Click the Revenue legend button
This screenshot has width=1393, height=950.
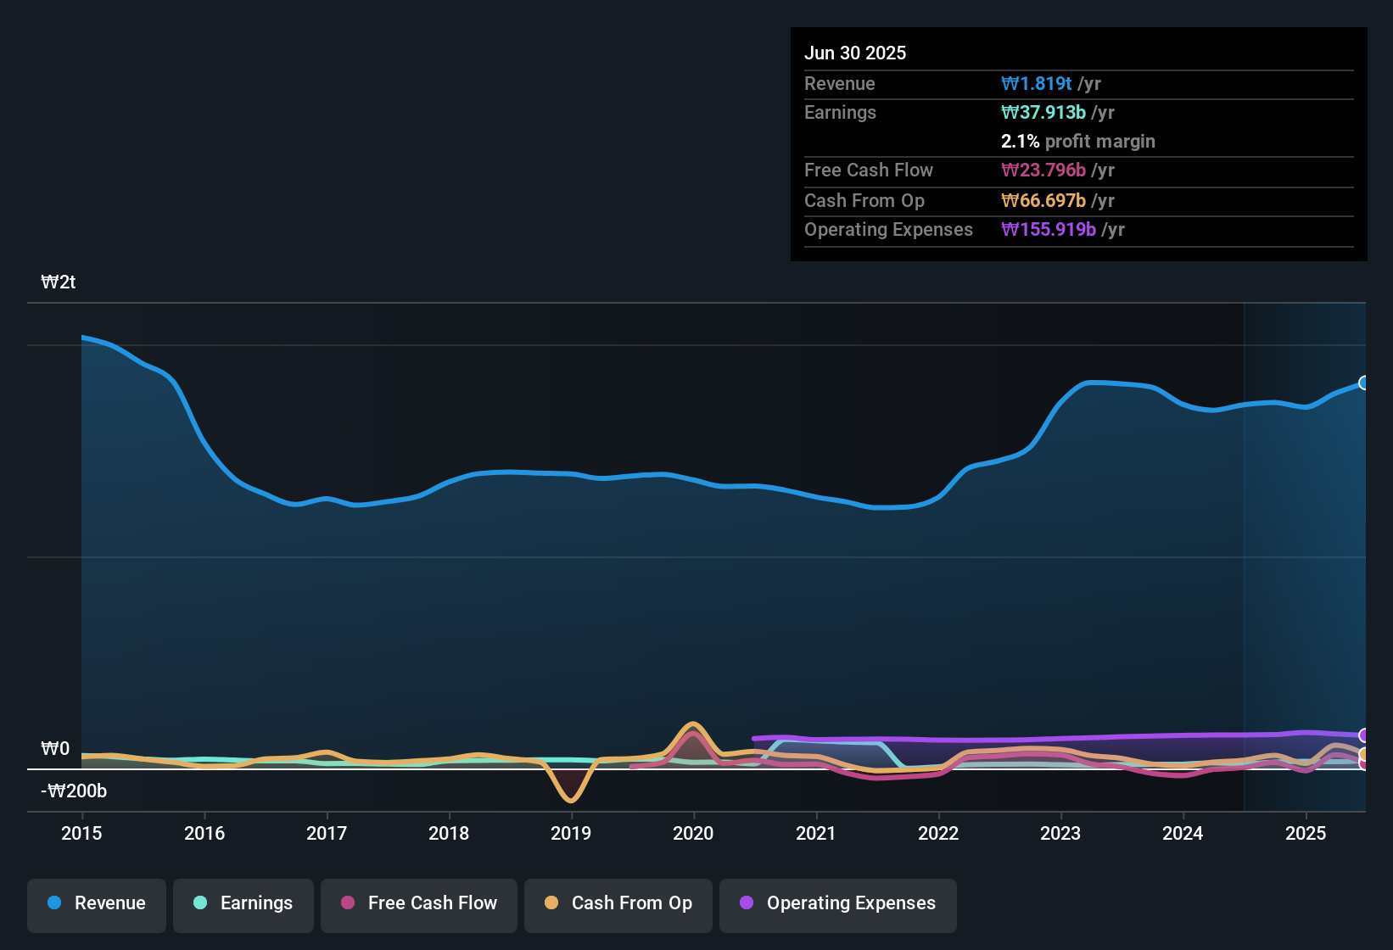pos(97,903)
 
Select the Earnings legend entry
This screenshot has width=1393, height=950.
pos(243,903)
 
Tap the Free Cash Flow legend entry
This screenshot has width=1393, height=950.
pos(419,903)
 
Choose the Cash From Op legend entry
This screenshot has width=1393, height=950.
pos(618,903)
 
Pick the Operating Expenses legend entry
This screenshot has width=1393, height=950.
pos(838,903)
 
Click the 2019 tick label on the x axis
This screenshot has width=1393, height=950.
pos(571,833)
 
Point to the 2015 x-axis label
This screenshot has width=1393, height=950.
pos(81,833)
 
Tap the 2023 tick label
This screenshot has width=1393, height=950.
pos(1060,833)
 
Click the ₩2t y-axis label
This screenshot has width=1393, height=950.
pos(59,282)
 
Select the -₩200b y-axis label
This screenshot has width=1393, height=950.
pos(74,791)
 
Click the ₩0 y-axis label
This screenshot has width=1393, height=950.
pos(55,749)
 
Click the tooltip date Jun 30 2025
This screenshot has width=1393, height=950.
pos(855,53)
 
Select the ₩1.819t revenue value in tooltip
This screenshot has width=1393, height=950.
pos(1037,83)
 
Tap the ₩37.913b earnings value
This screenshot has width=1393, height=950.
pos(1043,112)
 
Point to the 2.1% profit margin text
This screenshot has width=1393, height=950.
pos(1077,142)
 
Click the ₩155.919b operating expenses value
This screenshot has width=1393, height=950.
pos(1049,230)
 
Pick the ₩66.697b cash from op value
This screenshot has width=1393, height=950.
pos(1043,201)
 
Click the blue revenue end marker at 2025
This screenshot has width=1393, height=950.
pos(1364,383)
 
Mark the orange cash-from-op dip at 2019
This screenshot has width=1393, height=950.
pos(570,800)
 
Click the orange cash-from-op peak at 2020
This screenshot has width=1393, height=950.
pos(693,724)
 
